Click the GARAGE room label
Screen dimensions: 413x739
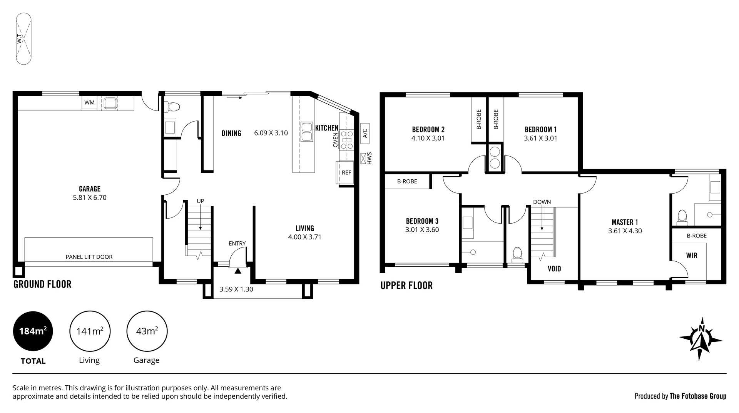click(90, 189)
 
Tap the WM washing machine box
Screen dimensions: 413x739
click(89, 102)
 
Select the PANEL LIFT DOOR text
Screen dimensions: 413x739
click(89, 257)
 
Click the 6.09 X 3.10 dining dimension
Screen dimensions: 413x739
click(271, 133)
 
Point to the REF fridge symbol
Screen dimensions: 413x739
click(346, 172)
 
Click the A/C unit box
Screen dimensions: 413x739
click(365, 133)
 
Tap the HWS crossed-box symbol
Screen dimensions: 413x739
click(363, 158)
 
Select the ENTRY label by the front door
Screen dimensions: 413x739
click(237, 243)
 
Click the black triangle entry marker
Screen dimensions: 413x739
click(238, 271)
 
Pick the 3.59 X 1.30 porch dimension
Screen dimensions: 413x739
click(236, 289)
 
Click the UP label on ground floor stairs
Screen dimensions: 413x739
click(200, 201)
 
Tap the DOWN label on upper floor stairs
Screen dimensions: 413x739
click(542, 202)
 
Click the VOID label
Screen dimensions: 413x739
click(554, 269)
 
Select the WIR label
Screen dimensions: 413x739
click(691, 256)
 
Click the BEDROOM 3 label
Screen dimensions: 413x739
click(422, 221)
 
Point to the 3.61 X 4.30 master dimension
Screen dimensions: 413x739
click(625, 231)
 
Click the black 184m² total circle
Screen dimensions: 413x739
click(33, 331)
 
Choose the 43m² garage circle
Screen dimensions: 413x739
click(147, 331)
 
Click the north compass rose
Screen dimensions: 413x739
click(700, 339)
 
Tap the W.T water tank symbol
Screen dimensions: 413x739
click(23, 38)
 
